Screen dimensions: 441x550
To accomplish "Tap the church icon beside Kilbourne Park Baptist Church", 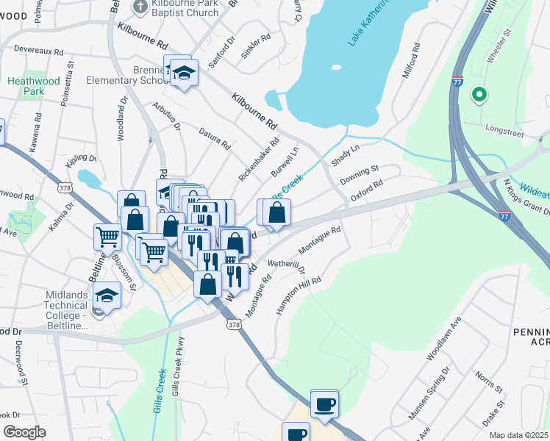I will pyautogui.click(x=140, y=7).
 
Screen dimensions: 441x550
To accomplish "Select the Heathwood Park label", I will pyautogui.click(x=25, y=87).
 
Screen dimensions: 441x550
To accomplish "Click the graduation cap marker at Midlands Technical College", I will pyautogui.click(x=107, y=295).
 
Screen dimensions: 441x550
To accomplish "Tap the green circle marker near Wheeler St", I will pyautogui.click(x=479, y=94).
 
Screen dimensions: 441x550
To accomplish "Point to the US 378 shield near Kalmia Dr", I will pyautogui.click(x=65, y=188).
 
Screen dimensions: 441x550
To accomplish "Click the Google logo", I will pyautogui.click(x=24, y=432).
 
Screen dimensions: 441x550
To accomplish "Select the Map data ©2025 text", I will pyautogui.click(x=518, y=435).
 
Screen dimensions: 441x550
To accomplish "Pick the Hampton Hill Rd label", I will pyautogui.click(x=299, y=297).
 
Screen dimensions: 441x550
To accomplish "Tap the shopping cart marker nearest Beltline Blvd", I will pyautogui.click(x=107, y=237).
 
